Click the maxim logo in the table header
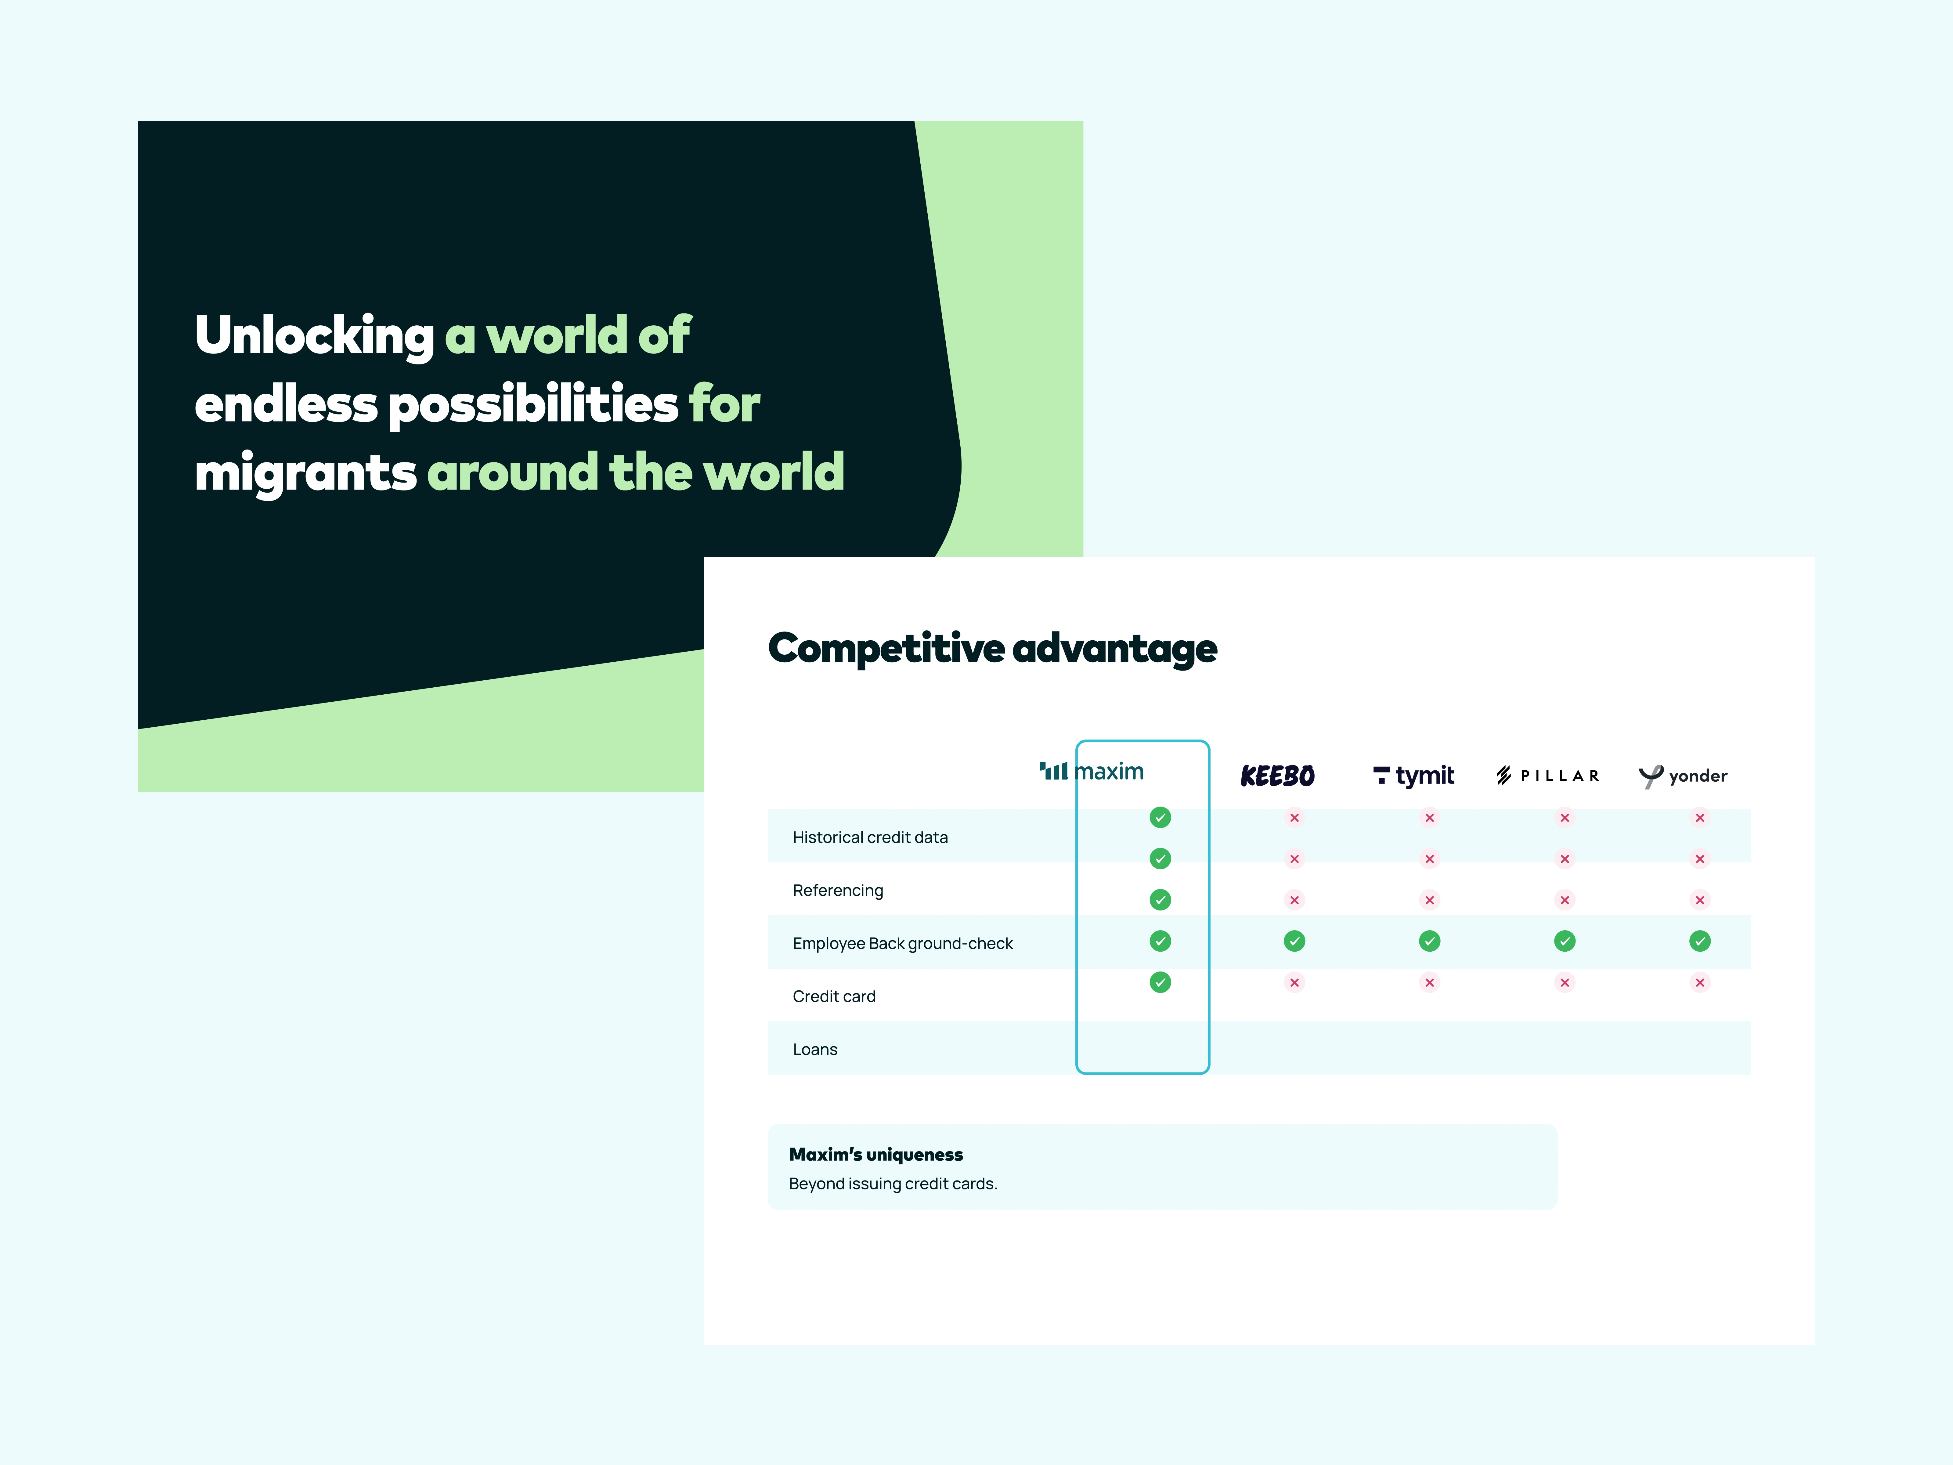1091,772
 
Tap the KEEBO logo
1278,776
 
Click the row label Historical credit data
870,837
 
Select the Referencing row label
838,890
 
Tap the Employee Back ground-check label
902,943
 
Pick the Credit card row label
833,996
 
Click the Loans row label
815,1049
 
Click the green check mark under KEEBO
1294,941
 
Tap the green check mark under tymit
1429,941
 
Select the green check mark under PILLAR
1565,941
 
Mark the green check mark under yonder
1700,941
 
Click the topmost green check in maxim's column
1160,818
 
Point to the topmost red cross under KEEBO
1294,818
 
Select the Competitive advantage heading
992,649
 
